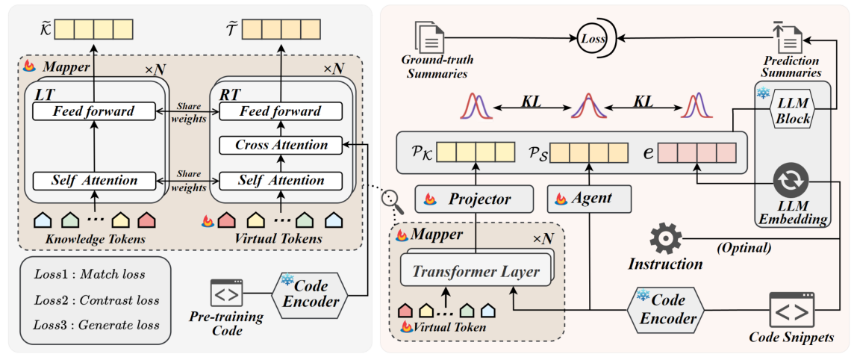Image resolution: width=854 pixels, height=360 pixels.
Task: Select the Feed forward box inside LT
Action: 93,112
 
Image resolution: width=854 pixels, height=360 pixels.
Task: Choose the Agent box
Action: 587,199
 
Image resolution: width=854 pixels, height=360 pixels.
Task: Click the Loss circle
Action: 594,36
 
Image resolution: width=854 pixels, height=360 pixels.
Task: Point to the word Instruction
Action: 665,264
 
